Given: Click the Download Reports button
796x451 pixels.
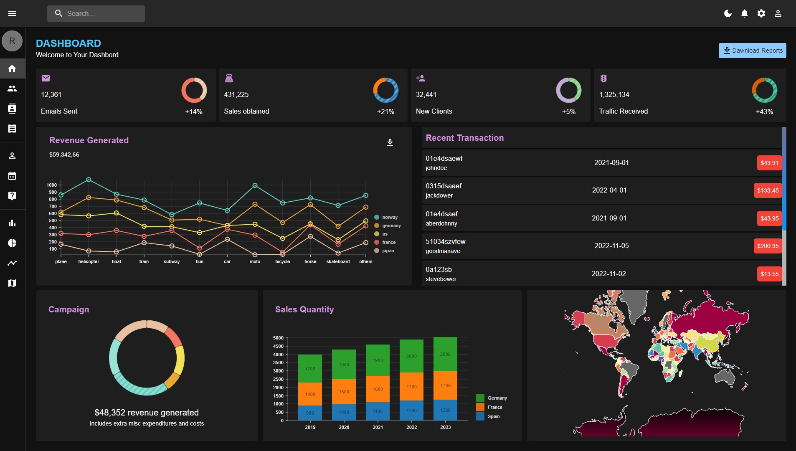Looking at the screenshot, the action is coord(752,51).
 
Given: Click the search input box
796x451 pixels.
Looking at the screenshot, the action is coord(96,13).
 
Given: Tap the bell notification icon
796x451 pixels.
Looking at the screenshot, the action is coord(745,13).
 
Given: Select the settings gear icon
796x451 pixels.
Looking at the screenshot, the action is coord(761,13).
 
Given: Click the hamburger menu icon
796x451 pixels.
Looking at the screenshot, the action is coord(12,13).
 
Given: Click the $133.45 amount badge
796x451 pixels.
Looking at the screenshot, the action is coord(768,190).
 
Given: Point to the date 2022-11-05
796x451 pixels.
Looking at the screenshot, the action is coord(611,246).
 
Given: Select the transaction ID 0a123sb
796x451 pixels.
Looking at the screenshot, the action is coord(439,269).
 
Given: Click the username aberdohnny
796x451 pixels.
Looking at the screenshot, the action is coord(441,223).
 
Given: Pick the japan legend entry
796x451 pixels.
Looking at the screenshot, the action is coord(384,251).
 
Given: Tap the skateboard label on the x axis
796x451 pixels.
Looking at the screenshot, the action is coord(338,261).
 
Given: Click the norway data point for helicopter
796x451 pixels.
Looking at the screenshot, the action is coord(89,180).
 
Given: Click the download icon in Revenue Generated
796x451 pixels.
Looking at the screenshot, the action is coord(390,143).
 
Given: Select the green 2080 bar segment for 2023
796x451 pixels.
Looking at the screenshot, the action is coord(445,354).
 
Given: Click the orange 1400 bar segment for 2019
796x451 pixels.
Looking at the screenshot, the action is coord(310,394).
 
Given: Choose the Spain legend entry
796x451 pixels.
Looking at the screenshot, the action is coord(488,416).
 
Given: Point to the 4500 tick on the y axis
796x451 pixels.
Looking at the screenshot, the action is coord(278,346).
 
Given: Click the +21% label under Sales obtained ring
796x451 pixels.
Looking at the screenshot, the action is coord(385,111).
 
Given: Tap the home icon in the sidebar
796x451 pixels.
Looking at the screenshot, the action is coord(12,68).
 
